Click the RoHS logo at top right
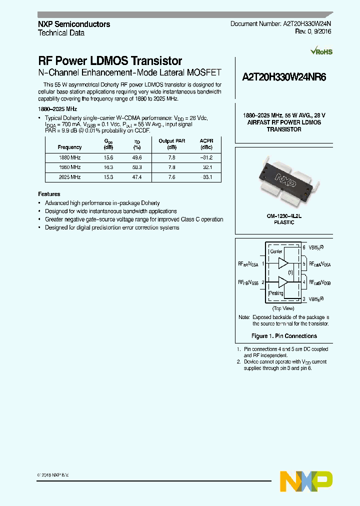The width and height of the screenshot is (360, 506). [321, 51]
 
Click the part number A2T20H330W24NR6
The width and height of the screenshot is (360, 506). [283, 77]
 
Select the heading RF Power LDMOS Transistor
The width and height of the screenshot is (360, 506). [110, 61]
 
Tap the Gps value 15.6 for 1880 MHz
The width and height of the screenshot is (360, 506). [108, 157]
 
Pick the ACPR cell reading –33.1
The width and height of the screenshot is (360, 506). [206, 177]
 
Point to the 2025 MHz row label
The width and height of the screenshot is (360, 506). [70, 177]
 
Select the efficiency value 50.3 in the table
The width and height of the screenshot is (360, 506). [137, 167]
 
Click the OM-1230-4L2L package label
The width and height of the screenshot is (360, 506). [283, 216]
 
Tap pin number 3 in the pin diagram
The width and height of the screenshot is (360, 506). [304, 298]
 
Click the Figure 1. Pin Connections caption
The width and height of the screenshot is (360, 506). [283, 336]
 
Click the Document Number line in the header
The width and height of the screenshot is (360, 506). [280, 24]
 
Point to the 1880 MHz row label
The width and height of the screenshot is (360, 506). [70, 157]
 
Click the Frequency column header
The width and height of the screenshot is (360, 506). [70, 147]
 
